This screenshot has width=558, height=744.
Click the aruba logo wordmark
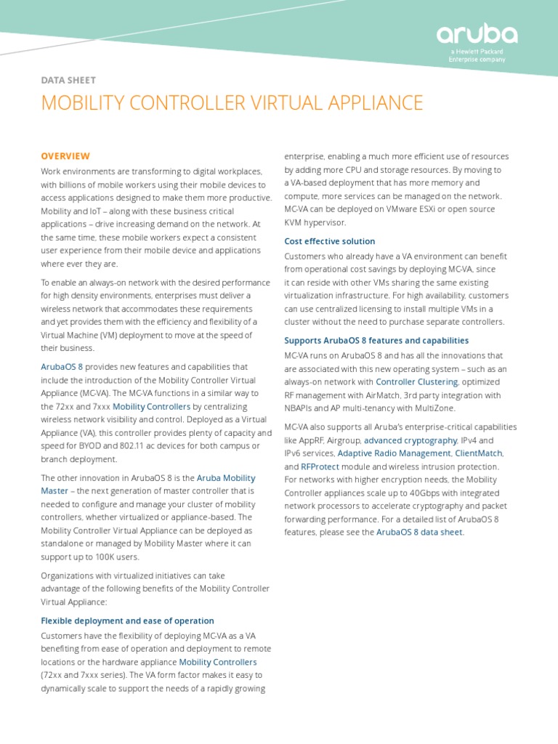(477, 35)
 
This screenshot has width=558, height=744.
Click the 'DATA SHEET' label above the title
(68, 81)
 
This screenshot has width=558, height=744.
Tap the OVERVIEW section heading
(65, 156)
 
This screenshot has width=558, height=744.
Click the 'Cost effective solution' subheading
(329, 241)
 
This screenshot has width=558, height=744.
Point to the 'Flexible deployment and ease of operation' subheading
(127, 620)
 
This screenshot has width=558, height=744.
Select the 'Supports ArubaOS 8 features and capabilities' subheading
(376, 340)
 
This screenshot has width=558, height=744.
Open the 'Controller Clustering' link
(416, 381)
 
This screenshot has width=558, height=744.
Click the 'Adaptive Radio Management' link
(394, 453)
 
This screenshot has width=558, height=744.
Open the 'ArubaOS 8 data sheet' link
(418, 533)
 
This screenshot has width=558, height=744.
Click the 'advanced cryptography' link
(410, 440)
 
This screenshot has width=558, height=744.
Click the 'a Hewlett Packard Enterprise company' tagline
(477, 55)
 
